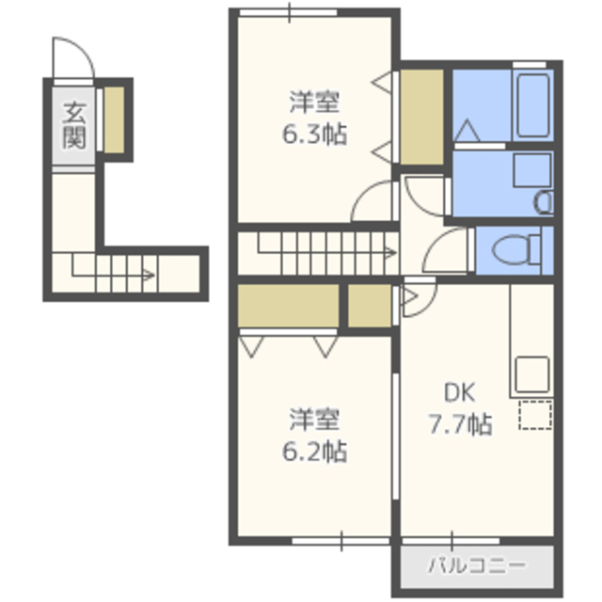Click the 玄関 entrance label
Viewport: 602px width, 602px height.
tap(73, 125)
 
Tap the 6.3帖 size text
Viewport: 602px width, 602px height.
tap(314, 134)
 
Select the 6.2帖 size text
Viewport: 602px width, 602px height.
tap(314, 451)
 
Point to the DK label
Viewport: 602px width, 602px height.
tap(460, 392)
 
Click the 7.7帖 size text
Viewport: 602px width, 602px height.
tap(460, 424)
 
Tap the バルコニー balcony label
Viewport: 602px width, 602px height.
tap(477, 565)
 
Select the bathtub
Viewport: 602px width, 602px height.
tap(532, 105)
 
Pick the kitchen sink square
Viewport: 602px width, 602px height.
tap(532, 374)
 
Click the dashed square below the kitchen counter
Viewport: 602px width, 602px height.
tap(535, 415)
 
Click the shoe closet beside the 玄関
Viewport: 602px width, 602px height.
tap(115, 119)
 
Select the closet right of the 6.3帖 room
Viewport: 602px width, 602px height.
tap(422, 117)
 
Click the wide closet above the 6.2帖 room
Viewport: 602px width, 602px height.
tap(289, 306)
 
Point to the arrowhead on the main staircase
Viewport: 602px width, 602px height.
tap(391, 253)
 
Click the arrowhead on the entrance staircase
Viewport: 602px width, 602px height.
tap(150, 275)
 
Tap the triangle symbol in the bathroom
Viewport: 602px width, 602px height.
tap(467, 131)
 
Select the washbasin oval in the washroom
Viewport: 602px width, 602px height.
tap(544, 203)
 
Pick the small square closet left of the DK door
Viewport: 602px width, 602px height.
tap(370, 306)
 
